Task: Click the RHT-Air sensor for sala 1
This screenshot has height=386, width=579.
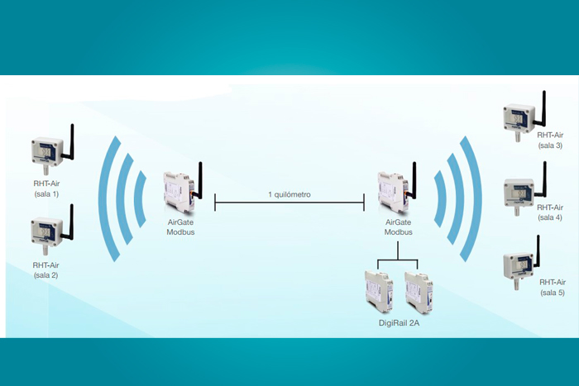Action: tap(47, 150)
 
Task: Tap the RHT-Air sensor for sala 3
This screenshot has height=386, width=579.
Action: tap(519, 117)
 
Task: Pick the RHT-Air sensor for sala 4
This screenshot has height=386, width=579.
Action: tap(519, 189)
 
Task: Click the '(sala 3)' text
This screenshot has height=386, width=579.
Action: tap(550, 145)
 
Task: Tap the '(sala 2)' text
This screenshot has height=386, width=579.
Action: tap(46, 274)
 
